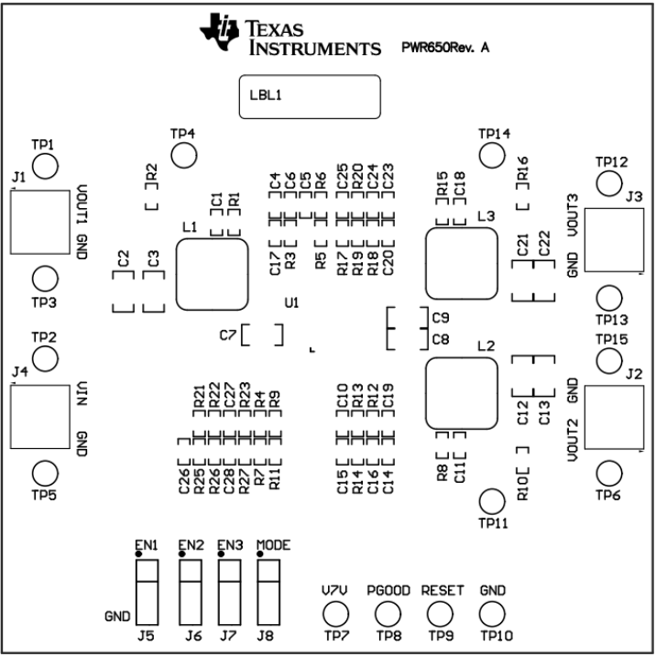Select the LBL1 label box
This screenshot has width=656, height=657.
310,96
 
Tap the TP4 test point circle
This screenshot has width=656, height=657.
185,155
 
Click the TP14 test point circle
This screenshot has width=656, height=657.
493,155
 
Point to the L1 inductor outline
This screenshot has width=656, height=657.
212,274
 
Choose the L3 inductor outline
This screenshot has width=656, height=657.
462,264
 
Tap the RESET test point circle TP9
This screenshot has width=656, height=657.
443,614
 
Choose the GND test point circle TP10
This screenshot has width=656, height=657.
493,614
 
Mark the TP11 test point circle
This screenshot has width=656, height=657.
493,501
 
